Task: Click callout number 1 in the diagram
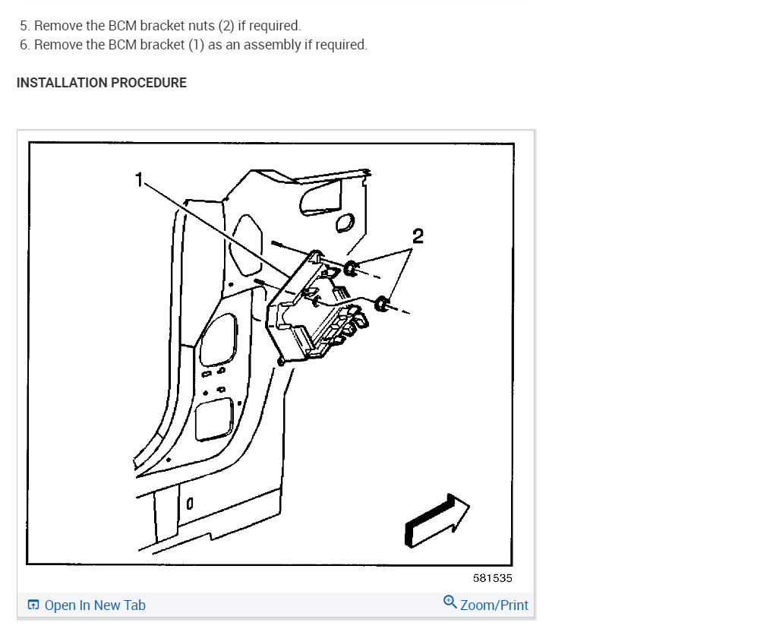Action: [x=138, y=179]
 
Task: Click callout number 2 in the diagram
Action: [x=417, y=235]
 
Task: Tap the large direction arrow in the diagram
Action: [x=437, y=520]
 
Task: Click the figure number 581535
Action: [x=492, y=578]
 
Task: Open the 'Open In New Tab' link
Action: [x=95, y=605]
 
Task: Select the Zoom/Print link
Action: [x=494, y=605]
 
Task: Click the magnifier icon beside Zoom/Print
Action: [x=449, y=603]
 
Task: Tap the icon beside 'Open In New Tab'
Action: [x=33, y=605]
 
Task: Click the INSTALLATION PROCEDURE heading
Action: [x=102, y=83]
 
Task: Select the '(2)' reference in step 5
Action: [x=226, y=26]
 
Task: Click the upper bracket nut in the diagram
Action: [x=352, y=267]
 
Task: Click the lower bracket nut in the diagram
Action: [x=383, y=305]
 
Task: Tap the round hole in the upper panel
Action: [x=344, y=223]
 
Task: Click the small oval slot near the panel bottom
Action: [x=190, y=503]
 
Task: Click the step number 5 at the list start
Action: [x=24, y=26]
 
